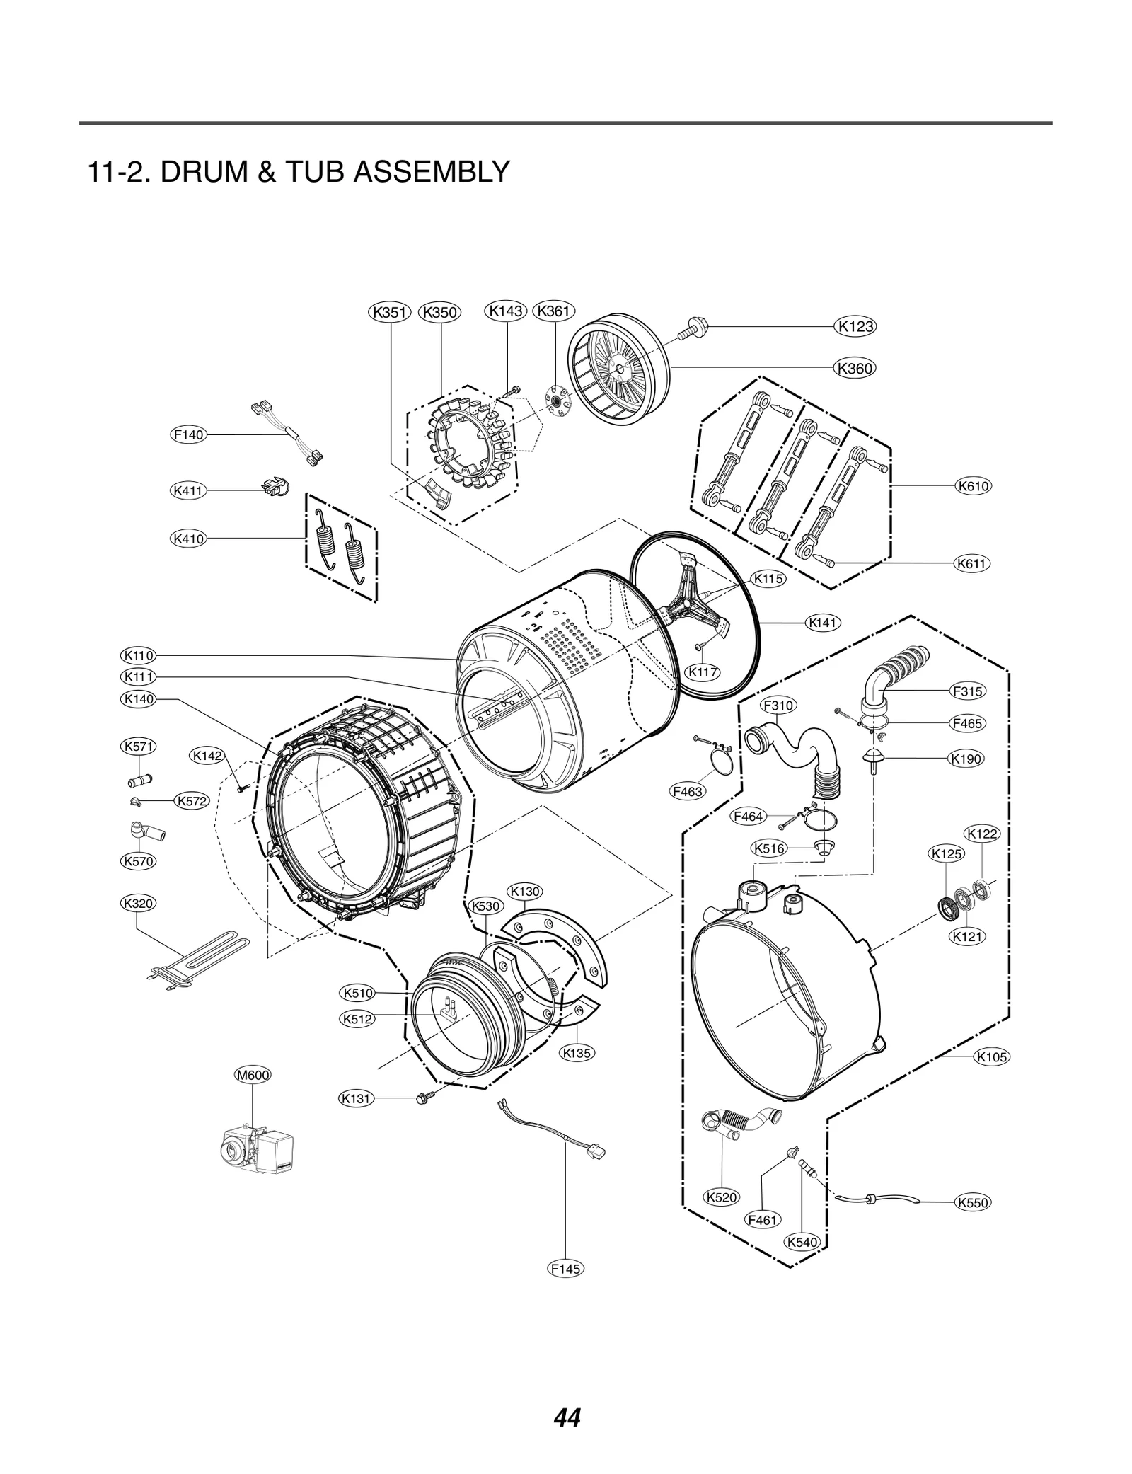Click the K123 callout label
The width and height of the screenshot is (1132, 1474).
click(855, 326)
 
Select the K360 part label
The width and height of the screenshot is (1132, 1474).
click(855, 368)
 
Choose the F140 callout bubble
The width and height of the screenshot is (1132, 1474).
click(189, 434)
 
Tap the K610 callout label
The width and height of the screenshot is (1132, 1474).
click(973, 486)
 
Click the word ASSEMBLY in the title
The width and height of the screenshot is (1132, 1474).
click(431, 172)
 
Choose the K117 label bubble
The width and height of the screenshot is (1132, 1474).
click(703, 672)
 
